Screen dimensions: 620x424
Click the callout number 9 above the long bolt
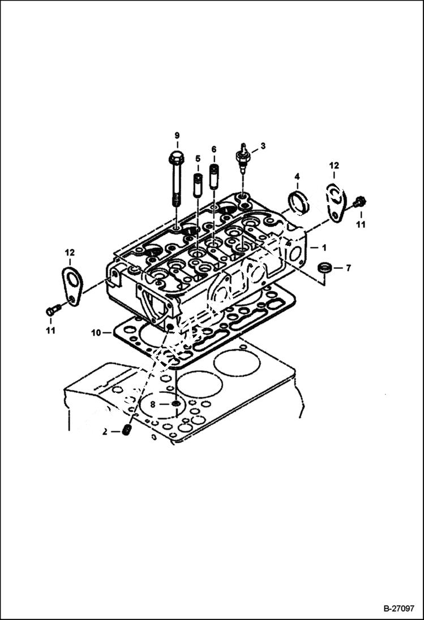pos(177,135)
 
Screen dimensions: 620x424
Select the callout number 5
pos(198,158)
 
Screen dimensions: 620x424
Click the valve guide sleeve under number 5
pos(198,185)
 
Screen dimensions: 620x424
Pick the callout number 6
pos(214,149)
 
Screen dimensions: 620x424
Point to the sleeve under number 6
pos(214,176)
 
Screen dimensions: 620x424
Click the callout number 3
pos(263,146)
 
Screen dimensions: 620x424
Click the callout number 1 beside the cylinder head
pos(324,248)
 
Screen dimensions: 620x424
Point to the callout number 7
pos(348,268)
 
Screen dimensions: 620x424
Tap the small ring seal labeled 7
pos(324,268)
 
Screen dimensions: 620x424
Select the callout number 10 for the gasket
pos(96,333)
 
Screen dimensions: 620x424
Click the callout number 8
pos(152,404)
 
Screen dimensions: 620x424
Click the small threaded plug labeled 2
pos(127,431)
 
